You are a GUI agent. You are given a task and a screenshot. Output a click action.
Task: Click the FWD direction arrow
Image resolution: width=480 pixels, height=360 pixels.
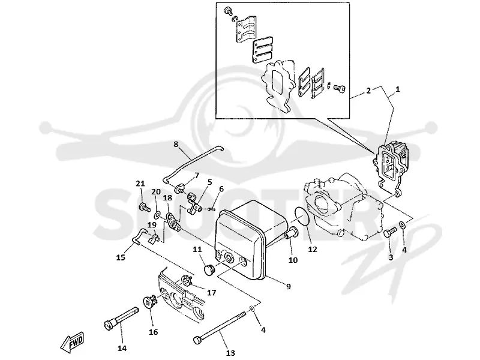click(x=72, y=341)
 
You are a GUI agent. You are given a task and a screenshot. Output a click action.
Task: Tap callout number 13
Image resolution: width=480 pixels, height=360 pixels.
click(x=230, y=353)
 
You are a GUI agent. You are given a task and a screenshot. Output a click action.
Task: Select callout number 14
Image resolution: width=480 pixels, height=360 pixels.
click(x=122, y=349)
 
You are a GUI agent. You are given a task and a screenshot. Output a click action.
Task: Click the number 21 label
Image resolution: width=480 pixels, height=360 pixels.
click(x=140, y=184)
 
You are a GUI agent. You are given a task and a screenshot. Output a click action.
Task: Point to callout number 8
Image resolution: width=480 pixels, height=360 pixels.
click(x=176, y=144)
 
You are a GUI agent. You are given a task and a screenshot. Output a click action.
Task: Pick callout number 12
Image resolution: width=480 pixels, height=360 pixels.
click(x=313, y=250)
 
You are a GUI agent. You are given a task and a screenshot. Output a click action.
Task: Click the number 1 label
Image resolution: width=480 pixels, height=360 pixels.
click(x=398, y=89)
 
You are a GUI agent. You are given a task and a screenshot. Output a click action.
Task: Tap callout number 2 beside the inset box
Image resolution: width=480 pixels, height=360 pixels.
click(x=368, y=91)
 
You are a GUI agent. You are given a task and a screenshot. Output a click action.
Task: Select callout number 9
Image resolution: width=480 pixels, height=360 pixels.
click(x=289, y=287)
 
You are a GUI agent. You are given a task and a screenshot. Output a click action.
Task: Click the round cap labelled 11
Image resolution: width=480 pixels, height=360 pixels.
click(x=209, y=271)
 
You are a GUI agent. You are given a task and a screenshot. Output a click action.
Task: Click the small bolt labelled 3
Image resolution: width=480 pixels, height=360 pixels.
click(x=389, y=233)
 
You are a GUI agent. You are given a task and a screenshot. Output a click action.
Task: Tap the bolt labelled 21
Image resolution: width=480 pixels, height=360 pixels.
click(x=145, y=208)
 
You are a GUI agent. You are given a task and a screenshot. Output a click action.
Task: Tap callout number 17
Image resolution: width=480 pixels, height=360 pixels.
click(x=212, y=293)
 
